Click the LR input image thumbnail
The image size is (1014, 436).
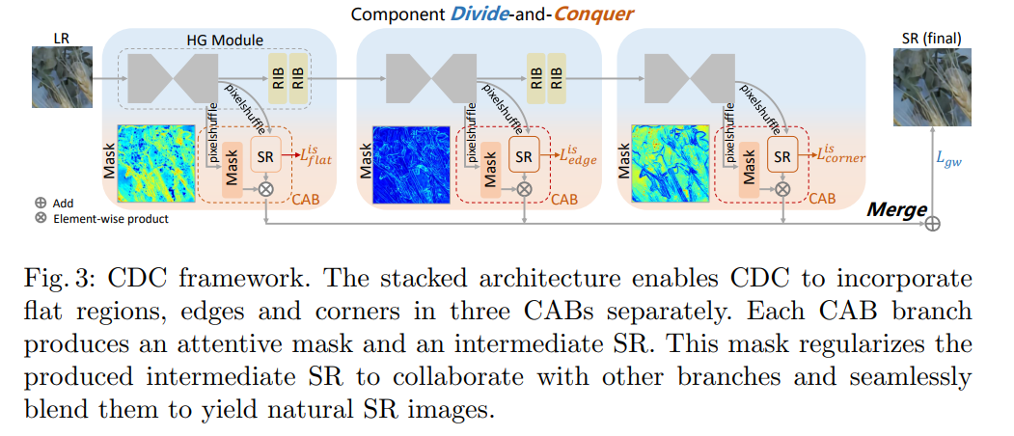pos(62,77)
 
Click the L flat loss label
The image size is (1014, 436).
pos(313,157)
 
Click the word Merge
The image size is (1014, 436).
pos(896,209)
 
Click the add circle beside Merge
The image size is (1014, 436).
pos(933,224)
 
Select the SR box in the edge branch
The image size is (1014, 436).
pos(525,155)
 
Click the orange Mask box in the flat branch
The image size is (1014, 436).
pos(233,170)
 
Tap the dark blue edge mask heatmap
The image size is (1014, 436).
pos(411,164)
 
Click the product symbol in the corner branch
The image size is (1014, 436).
pos(782,188)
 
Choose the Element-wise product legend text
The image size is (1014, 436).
pos(111,219)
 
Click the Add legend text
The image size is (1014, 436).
pos(64,203)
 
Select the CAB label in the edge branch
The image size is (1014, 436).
pos(563,200)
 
